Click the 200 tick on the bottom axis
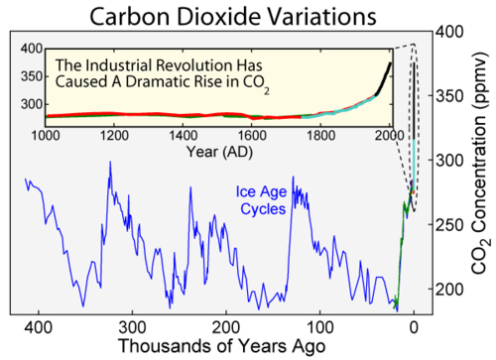tap(226, 325)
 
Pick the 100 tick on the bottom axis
tap(319, 325)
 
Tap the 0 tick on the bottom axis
tap(414, 325)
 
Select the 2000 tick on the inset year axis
tap(391, 135)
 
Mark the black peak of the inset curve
tap(390, 63)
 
